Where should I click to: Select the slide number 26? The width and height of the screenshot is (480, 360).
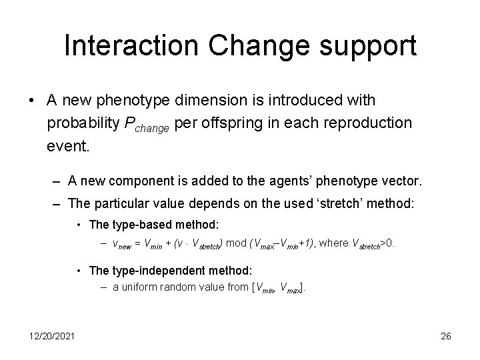pos(446,336)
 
